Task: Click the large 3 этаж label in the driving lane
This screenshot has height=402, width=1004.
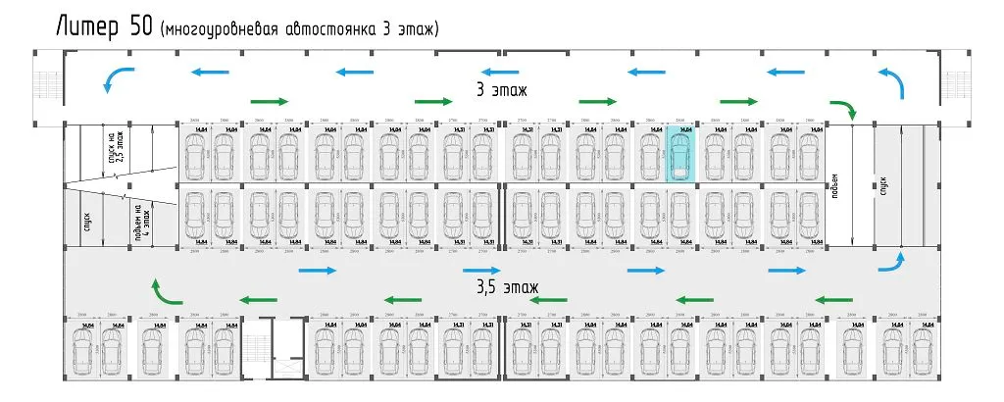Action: click(501, 90)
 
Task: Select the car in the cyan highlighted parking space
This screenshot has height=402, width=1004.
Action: click(679, 153)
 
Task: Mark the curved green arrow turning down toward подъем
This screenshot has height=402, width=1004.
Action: click(844, 109)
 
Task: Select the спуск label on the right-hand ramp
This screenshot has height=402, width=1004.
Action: click(883, 184)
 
